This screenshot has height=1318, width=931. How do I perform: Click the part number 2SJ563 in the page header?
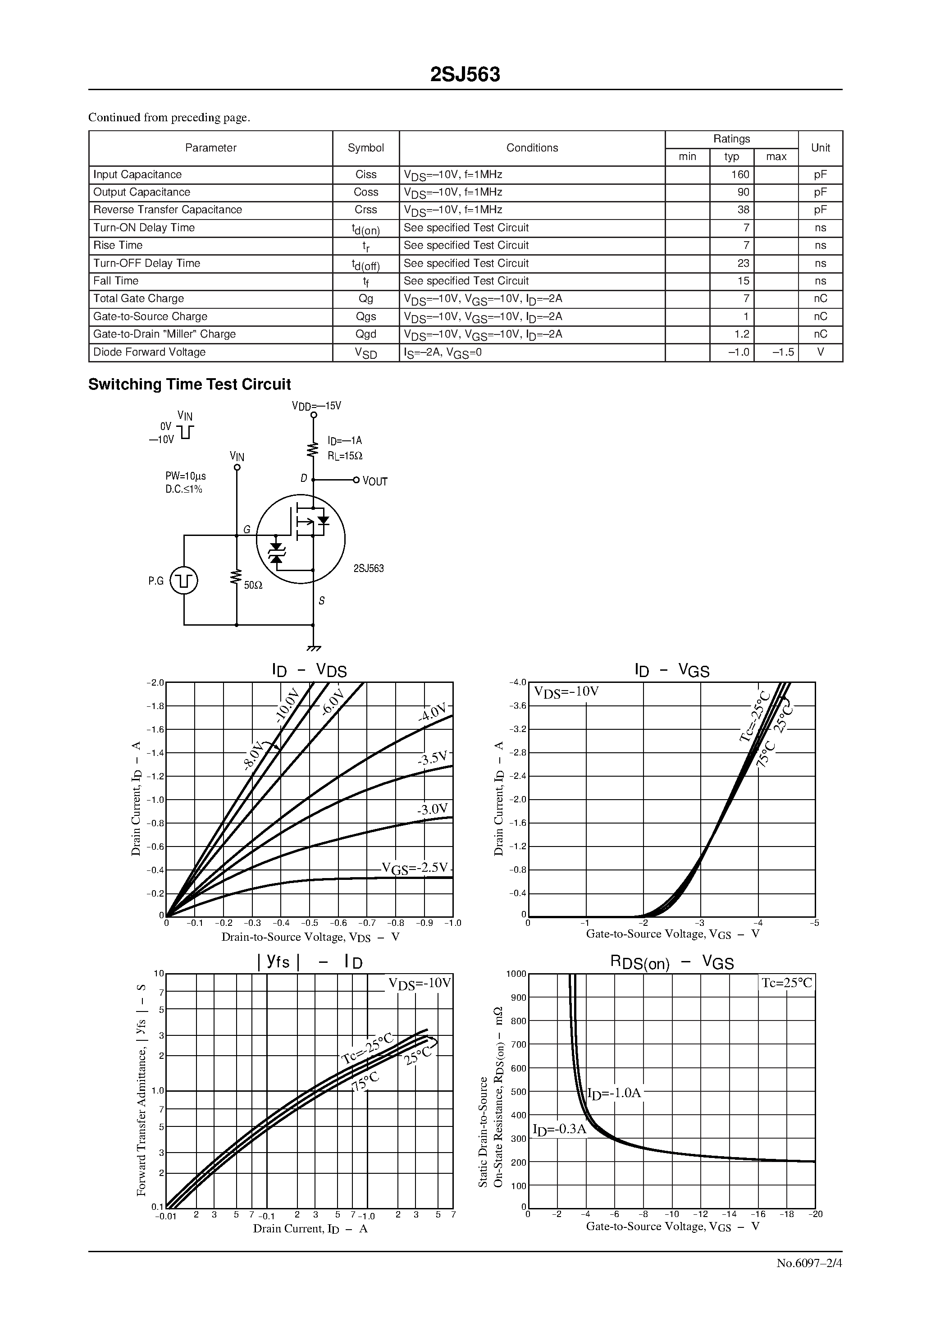coord(465,75)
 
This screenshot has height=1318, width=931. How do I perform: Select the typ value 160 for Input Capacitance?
coord(740,174)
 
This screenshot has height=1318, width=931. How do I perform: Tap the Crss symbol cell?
coord(365,210)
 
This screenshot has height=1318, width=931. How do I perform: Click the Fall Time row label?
coord(116,281)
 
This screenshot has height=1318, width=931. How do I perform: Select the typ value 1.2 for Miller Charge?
coord(742,334)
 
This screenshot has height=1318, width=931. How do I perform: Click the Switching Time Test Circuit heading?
coord(189,384)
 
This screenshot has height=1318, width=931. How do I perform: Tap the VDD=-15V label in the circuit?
coord(316,406)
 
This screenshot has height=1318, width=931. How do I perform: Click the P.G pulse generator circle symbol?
coord(184,581)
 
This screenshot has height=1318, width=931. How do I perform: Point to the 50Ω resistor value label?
coord(253,586)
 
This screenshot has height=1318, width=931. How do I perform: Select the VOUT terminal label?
coord(375,481)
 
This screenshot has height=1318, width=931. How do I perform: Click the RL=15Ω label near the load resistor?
coord(345,456)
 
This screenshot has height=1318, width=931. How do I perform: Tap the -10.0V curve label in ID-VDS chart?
coord(287,705)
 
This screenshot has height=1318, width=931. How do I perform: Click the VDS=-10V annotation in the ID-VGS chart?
coord(566,692)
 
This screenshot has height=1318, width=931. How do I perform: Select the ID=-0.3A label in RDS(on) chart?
coord(560,1129)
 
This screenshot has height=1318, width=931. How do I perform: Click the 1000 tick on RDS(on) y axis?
coord(516,974)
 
